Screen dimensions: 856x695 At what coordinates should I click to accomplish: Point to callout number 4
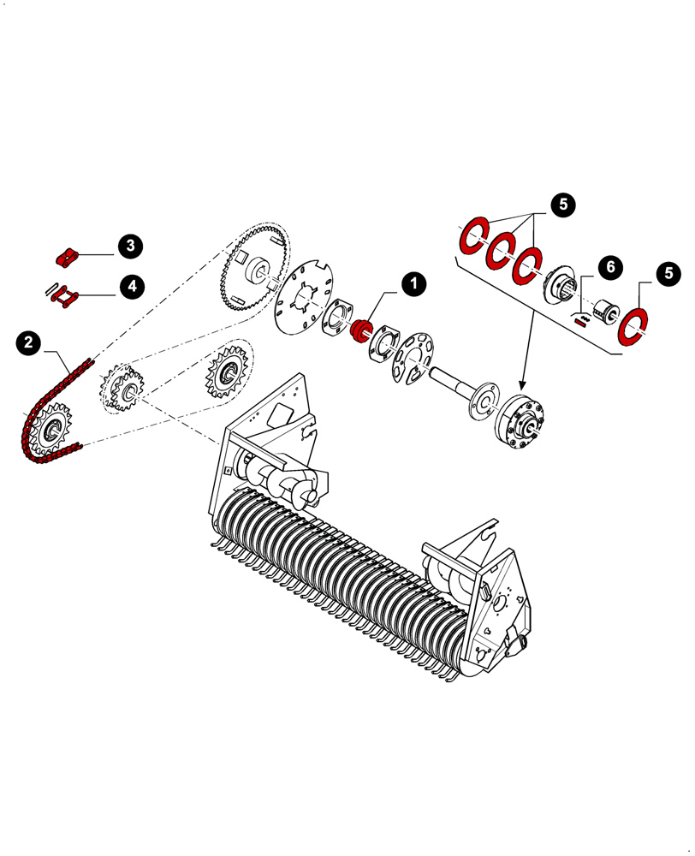pos(131,286)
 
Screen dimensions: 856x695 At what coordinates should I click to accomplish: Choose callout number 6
pos(609,266)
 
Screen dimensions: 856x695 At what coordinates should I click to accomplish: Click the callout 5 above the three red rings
pos(562,205)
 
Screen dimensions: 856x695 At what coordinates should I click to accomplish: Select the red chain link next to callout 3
pos(67,255)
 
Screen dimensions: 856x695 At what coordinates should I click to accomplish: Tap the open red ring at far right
pos(636,328)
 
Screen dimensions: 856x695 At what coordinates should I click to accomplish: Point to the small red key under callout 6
pos(581,323)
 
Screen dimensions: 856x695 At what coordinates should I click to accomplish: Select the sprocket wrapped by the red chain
pos(52,429)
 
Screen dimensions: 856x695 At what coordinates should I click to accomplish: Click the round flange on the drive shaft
pos(483,402)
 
